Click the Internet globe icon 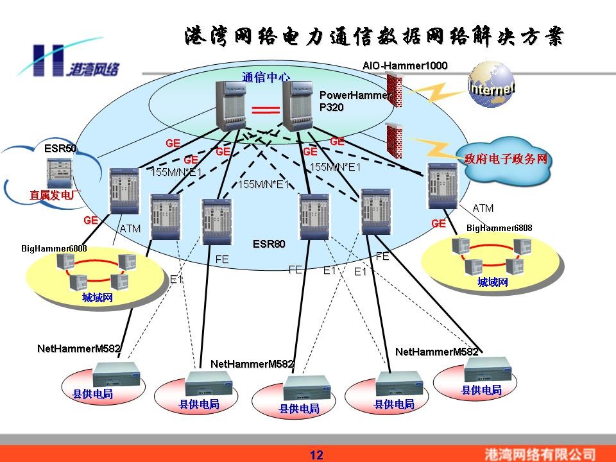tap(491, 86)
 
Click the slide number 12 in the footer tap(316, 455)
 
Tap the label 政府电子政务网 tap(506, 158)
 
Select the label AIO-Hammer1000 tap(405, 65)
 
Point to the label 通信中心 tap(266, 77)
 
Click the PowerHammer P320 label tap(355, 101)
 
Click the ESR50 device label tap(60, 148)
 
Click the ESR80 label tap(269, 244)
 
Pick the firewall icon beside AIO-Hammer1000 tap(395, 90)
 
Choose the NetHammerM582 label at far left tap(78, 349)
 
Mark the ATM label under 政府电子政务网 tap(483, 208)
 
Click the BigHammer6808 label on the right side tap(499, 228)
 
